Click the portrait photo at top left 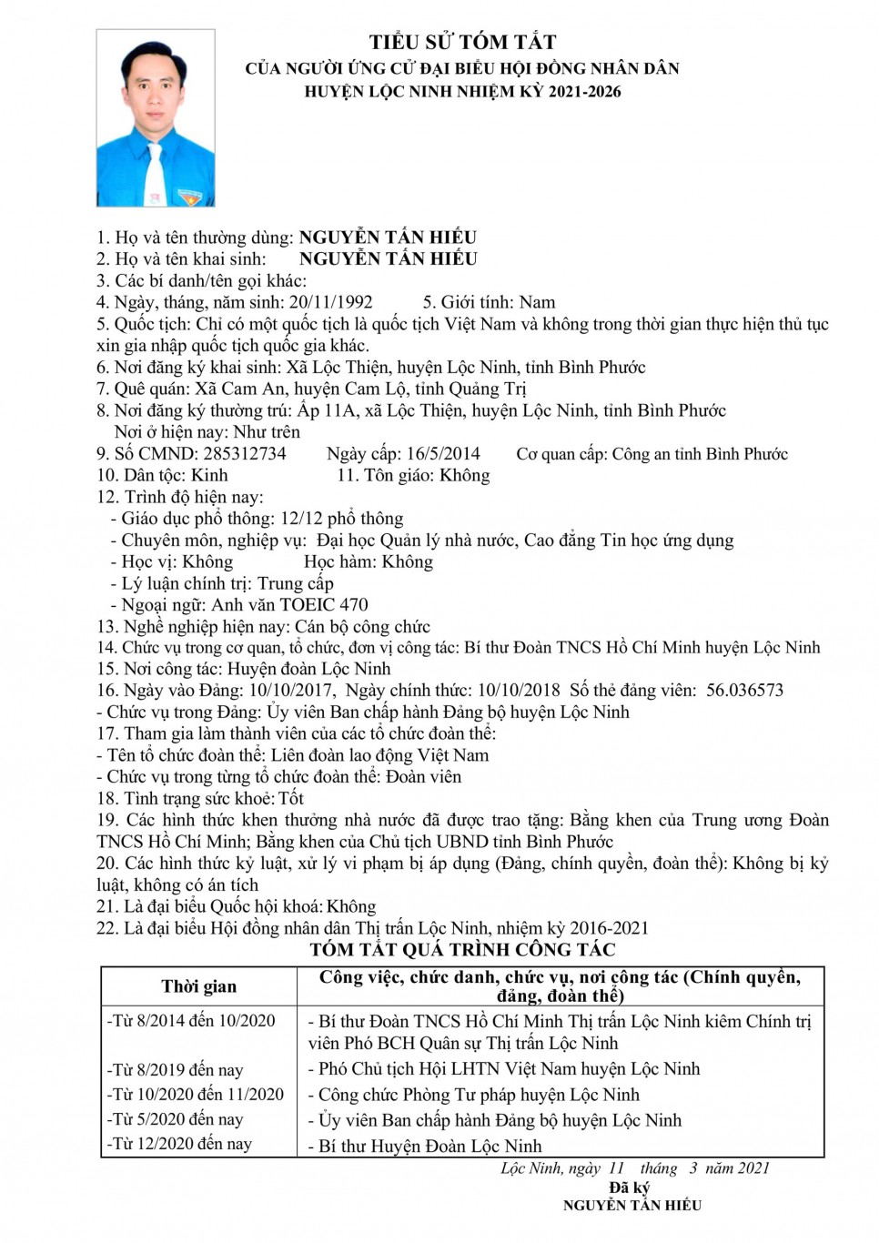(x=156, y=117)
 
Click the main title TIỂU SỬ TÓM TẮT (x=462, y=42)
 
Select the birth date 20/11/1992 (x=330, y=302)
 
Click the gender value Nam (x=537, y=302)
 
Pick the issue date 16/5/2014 (x=443, y=453)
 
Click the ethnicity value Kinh (x=209, y=475)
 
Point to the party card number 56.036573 (x=744, y=690)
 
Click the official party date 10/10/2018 (x=519, y=690)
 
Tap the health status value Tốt (x=291, y=798)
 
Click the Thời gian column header (x=198, y=986)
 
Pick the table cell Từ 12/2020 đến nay (x=180, y=1144)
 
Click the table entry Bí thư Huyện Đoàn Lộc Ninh (x=429, y=1146)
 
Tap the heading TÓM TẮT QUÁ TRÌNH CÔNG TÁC (x=462, y=950)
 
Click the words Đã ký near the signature (x=630, y=1187)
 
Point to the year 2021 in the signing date (x=752, y=1168)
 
